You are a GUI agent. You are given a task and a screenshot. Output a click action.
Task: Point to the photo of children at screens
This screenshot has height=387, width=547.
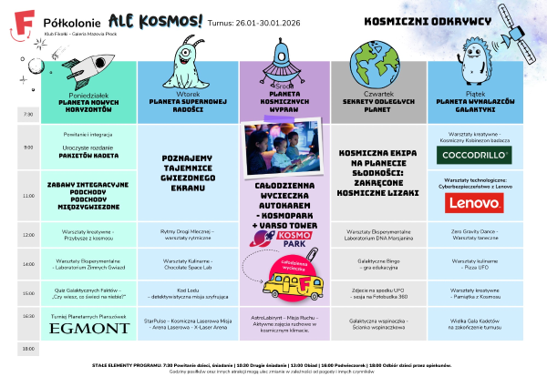287,148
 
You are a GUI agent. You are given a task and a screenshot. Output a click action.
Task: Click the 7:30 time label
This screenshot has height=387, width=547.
26,115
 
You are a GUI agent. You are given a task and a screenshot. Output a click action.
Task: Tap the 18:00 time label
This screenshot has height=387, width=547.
26,348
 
